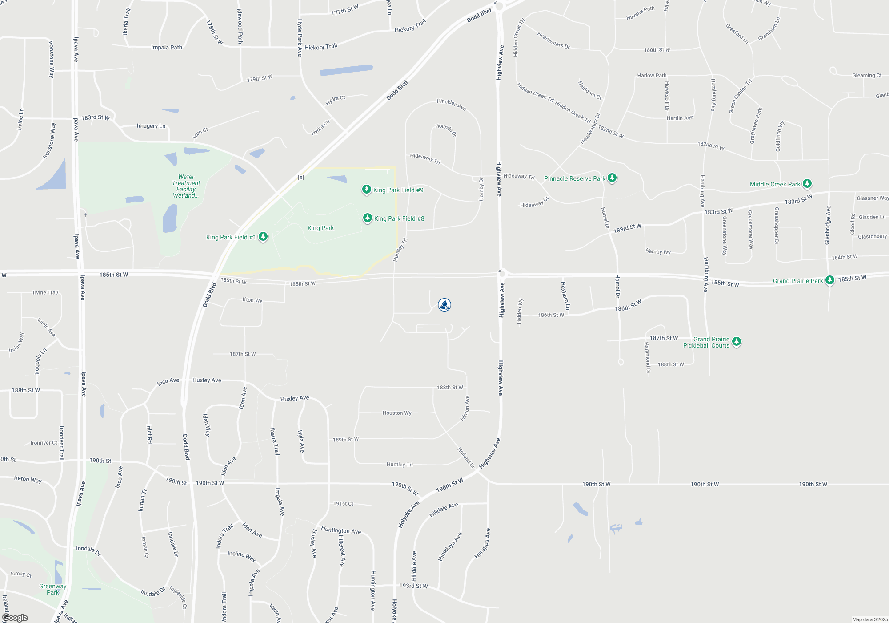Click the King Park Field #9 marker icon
(366, 190)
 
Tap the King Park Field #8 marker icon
(367, 218)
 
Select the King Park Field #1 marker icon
(263, 236)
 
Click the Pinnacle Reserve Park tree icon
(612, 178)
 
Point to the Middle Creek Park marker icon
(807, 183)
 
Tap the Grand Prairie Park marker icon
(829, 280)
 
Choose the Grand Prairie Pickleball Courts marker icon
(737, 341)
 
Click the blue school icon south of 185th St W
(444, 305)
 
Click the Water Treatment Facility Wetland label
(186, 186)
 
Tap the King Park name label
(320, 228)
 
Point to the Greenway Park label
(53, 589)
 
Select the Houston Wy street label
(397, 413)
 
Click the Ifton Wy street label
(252, 300)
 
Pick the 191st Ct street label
(343, 504)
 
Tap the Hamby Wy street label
(658, 251)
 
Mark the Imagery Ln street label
(151, 126)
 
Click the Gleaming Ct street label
(867, 75)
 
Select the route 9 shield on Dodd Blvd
(301, 178)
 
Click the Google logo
(15, 618)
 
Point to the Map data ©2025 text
(870, 619)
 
